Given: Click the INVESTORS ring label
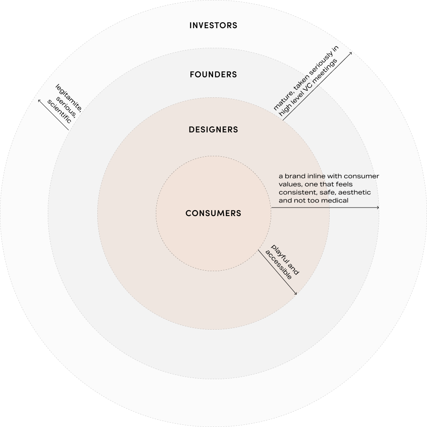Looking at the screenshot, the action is coord(213,26).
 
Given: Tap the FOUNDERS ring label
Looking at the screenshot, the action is coord(213,75).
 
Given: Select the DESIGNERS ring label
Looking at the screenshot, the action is coord(213,129).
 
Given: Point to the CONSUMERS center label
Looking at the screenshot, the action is coord(213,213).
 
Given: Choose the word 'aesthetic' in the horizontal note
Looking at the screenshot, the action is coord(355,193).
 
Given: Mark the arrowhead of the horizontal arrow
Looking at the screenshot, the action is coord(378,208).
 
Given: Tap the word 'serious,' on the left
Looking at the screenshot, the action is coord(64,105).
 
